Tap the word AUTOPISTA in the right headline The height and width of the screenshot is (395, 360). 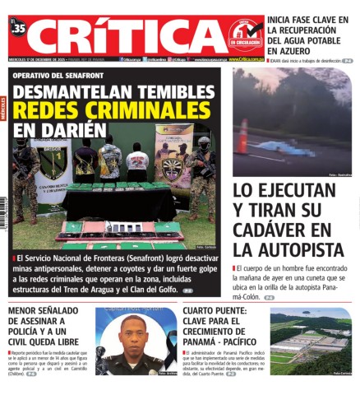[x=288, y=249]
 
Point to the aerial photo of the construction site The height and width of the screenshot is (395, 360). [x=311, y=342]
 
